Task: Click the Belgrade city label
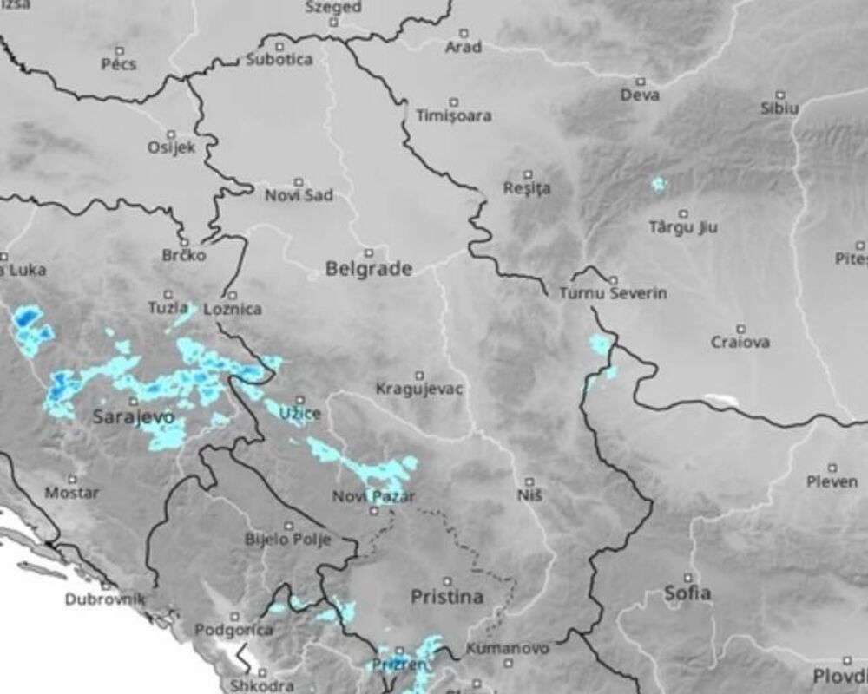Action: coord(369,269)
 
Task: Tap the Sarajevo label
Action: coord(134,417)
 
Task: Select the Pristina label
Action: coord(447,597)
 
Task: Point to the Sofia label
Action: coord(687,593)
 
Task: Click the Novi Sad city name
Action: coord(299,195)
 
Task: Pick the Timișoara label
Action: coord(453,115)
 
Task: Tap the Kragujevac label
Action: coord(419,389)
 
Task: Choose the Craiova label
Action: coord(740,342)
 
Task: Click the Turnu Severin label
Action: coord(613,293)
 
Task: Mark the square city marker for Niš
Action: coord(529,480)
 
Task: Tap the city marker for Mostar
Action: coord(72,478)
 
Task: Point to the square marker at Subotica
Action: coord(279,46)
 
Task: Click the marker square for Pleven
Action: coord(832,468)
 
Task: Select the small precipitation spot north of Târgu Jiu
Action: coord(659,184)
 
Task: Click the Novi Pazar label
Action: coord(373,497)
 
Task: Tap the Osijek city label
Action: coord(171,147)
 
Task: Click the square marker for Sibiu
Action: coord(779,95)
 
